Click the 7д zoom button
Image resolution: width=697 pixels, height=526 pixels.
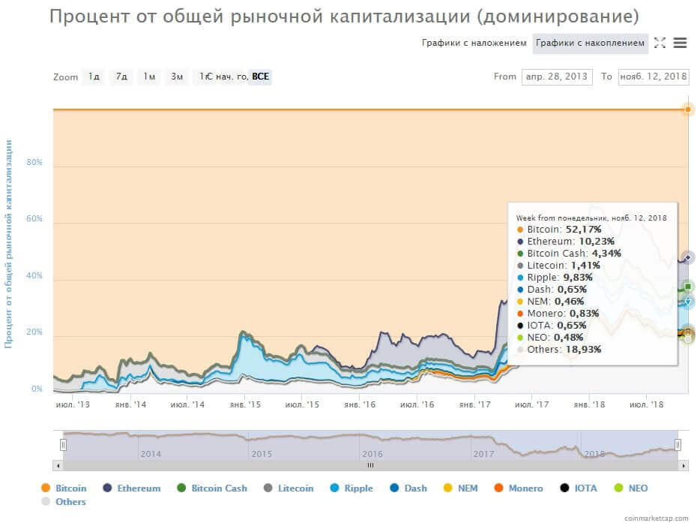coord(120,77)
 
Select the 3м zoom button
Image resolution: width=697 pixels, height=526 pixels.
coord(177,77)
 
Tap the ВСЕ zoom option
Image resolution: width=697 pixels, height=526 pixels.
coord(260,77)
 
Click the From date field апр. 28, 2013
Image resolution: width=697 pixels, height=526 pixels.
coord(557,77)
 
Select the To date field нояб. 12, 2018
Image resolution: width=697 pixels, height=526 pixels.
coord(653,77)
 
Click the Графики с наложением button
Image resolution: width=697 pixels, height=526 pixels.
coord(474,43)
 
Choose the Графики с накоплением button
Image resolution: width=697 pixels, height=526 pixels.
coord(591,43)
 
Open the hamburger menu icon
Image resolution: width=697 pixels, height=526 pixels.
coord(680,43)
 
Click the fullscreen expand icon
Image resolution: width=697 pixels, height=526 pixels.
coord(660,43)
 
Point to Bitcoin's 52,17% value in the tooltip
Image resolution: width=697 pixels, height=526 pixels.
coord(587,229)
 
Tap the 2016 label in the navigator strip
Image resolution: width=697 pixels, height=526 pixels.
coord(372,454)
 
